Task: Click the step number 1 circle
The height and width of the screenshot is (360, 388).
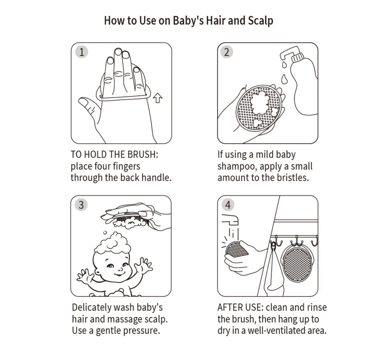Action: (81, 52)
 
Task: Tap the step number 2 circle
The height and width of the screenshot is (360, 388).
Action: (226, 52)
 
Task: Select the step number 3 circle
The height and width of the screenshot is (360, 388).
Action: (81, 205)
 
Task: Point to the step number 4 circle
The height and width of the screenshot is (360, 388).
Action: (227, 205)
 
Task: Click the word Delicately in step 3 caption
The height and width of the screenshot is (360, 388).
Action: (92, 308)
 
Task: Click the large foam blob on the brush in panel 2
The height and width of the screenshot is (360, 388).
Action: (259, 102)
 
